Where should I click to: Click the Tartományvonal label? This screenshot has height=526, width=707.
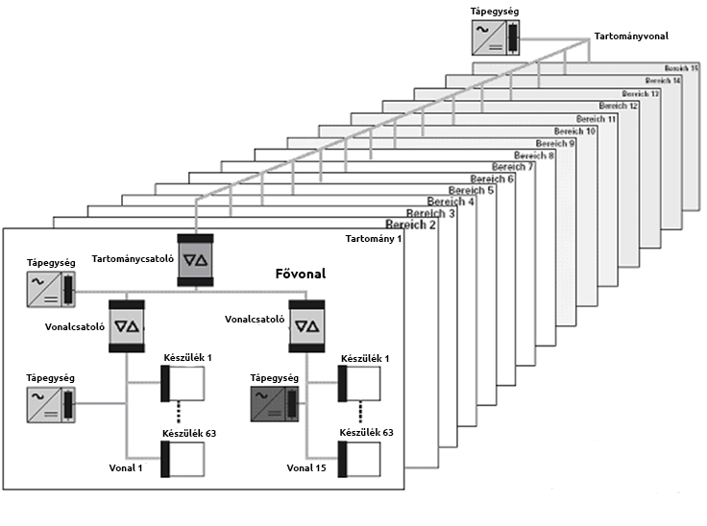pyautogui.click(x=630, y=36)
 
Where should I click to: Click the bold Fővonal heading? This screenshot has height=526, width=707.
pyautogui.click(x=300, y=275)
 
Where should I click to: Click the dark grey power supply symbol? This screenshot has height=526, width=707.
pyautogui.click(x=273, y=404)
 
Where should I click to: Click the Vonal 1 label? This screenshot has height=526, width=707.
pyautogui.click(x=127, y=467)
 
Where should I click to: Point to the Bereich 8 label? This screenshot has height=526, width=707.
pyautogui.click(x=534, y=155)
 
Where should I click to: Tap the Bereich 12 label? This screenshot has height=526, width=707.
pyautogui.click(x=620, y=106)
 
